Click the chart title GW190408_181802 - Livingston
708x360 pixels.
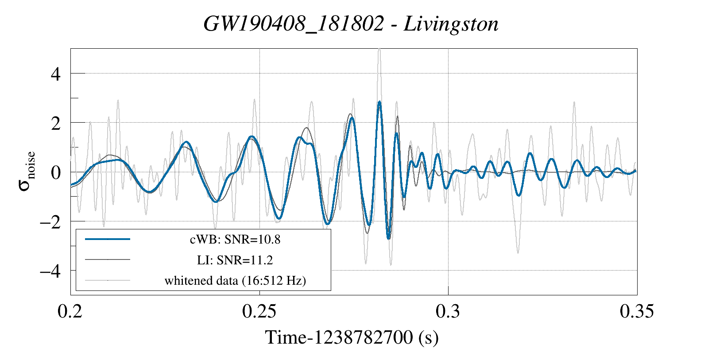tap(351, 24)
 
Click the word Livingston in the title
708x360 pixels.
tap(451, 24)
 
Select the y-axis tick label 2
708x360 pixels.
tap(56, 123)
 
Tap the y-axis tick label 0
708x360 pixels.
tap(56, 172)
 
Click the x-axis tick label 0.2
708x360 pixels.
tap(70, 311)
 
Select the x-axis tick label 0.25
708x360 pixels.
tap(259, 311)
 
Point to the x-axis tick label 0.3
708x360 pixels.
tap(448, 311)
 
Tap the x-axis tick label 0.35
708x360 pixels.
tap(637, 311)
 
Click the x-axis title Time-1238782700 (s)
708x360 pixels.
tap(352, 337)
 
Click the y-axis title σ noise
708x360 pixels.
tap(27, 171)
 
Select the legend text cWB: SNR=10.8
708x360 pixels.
tap(235, 240)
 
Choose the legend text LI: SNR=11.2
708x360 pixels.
tap(235, 260)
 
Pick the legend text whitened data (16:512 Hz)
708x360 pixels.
tap(235, 280)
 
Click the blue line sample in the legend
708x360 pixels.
tap(108, 239)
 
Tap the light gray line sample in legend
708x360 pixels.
tap(108, 280)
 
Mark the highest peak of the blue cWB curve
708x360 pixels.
tap(379, 102)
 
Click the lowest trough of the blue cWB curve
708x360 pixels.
tap(389, 238)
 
